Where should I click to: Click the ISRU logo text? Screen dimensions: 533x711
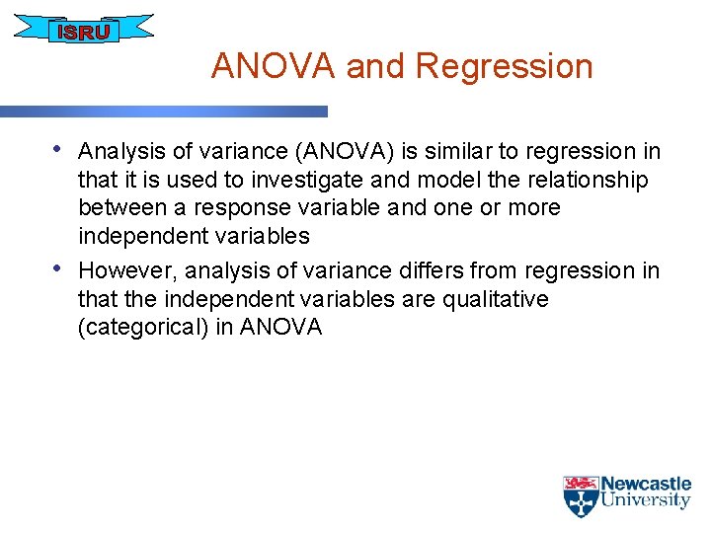pyautogui.click(x=84, y=32)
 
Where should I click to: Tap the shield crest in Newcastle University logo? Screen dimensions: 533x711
pyautogui.click(x=581, y=496)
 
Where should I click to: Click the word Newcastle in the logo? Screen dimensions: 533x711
pyautogui.click(x=646, y=484)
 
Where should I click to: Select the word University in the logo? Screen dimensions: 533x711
pyautogui.click(x=646, y=500)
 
